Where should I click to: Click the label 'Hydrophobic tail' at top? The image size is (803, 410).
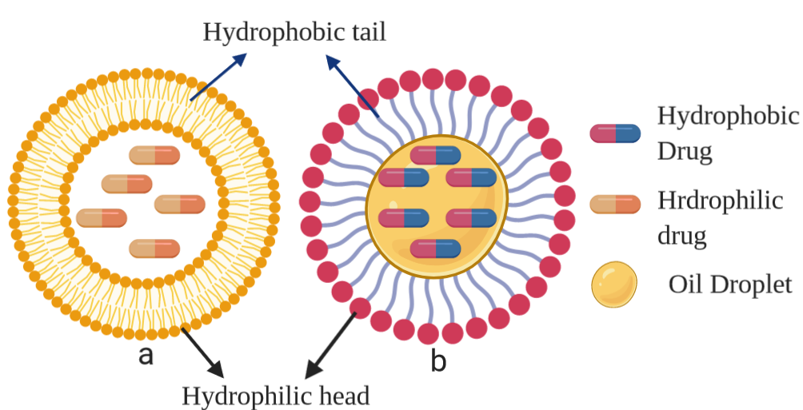click(x=294, y=32)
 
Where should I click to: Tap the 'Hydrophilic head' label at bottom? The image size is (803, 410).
click(x=276, y=395)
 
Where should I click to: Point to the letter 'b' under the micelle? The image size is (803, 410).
click(x=438, y=361)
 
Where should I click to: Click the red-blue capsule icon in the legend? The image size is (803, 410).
click(x=615, y=133)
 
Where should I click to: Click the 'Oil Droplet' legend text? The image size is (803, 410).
click(x=729, y=285)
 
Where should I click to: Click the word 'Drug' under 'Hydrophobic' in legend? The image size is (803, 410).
click(x=685, y=151)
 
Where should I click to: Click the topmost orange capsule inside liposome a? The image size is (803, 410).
click(x=154, y=155)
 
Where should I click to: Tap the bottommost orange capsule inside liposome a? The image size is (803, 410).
click(x=154, y=248)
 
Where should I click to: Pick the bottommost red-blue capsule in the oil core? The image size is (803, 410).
click(x=436, y=249)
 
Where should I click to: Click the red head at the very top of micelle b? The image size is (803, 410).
click(x=433, y=78)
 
